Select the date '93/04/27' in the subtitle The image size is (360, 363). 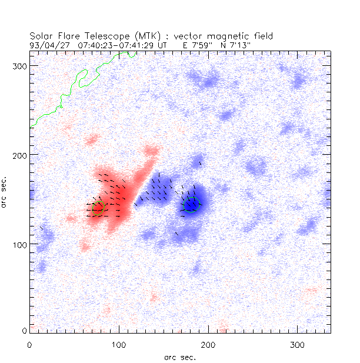[48, 44]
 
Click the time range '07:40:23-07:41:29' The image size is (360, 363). [116, 44]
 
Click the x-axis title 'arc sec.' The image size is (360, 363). [180, 357]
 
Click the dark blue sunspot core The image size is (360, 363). [191, 205]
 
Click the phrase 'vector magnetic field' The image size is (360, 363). [229, 36]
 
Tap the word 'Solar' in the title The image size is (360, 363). [43, 36]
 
